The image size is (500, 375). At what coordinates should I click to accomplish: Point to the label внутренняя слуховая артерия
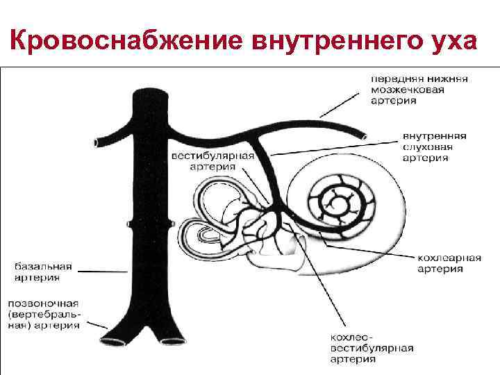(x=433, y=147)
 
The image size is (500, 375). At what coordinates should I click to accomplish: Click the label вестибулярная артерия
(x=212, y=162)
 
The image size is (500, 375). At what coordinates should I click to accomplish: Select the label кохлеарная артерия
(x=449, y=263)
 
